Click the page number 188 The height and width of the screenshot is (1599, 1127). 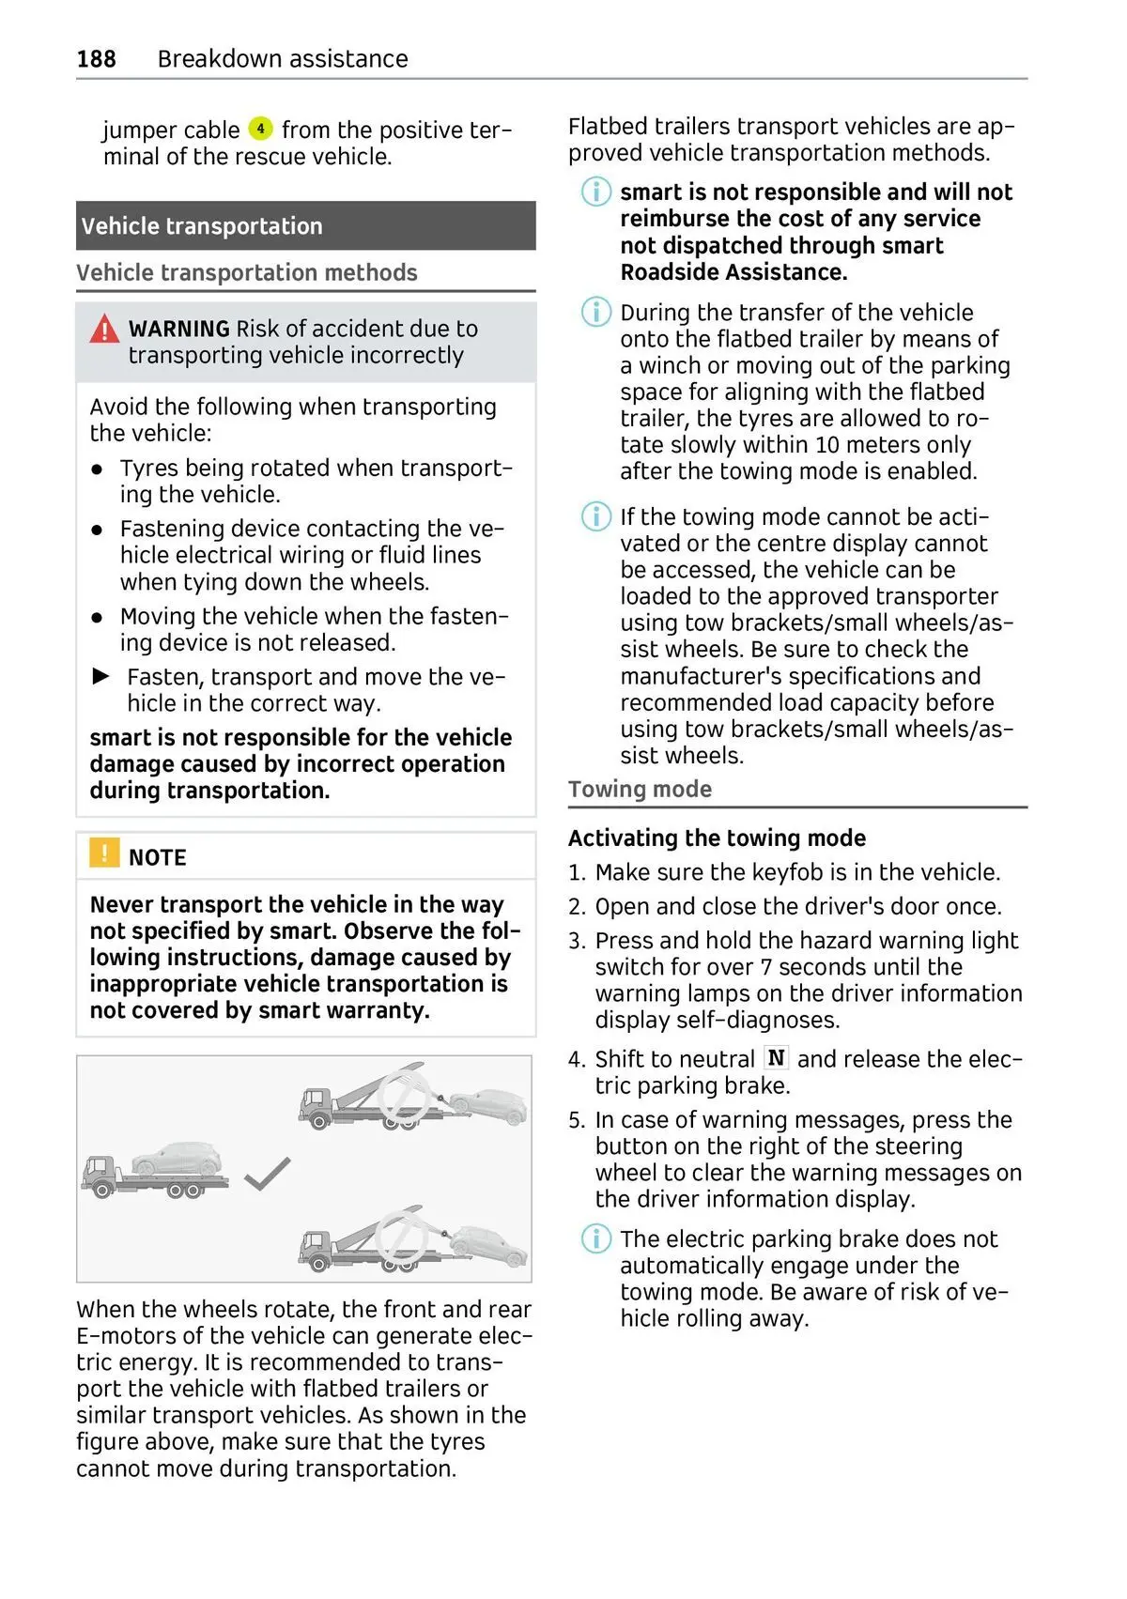pos(96,59)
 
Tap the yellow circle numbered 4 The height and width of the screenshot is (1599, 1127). pos(260,129)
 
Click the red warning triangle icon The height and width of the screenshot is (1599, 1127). pos(104,329)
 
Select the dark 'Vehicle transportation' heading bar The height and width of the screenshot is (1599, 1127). pos(305,226)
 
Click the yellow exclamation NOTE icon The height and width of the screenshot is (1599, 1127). pos(103,853)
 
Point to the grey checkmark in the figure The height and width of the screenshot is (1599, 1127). pos(267,1173)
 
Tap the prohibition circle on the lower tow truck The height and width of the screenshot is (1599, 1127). pos(402,1240)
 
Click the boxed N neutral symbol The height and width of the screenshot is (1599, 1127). pos(776,1058)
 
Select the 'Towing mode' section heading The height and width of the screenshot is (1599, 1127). pos(640,790)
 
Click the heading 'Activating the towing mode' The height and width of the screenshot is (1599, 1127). pos(717,838)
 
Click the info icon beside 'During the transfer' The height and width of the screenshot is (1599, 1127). pos(595,312)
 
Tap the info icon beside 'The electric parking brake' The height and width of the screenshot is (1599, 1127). pos(595,1238)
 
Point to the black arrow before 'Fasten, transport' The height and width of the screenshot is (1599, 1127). pos(101,676)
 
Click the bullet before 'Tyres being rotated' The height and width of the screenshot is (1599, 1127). pos(97,469)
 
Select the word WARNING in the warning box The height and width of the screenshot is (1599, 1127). pos(178,329)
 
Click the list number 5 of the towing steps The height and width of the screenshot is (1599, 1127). pos(577,1120)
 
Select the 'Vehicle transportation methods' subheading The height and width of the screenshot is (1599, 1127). pos(247,273)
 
